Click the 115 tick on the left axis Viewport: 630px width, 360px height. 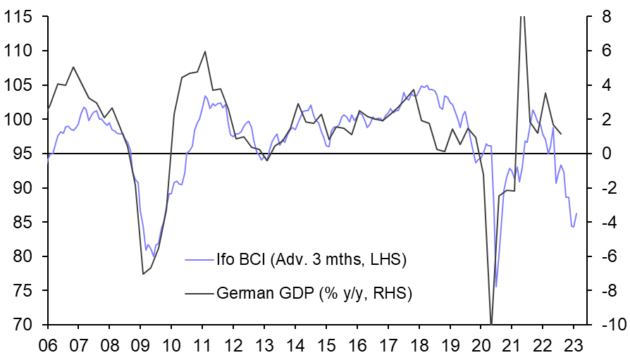[x=20, y=17]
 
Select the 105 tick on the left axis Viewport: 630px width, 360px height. [x=20, y=85]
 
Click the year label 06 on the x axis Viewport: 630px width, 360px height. [x=48, y=346]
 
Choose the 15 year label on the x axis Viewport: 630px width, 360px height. [x=327, y=346]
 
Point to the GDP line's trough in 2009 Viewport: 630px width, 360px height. [x=142, y=273]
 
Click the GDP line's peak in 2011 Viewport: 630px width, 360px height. [x=205, y=51]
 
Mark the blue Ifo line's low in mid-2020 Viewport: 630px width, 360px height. [x=496, y=287]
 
